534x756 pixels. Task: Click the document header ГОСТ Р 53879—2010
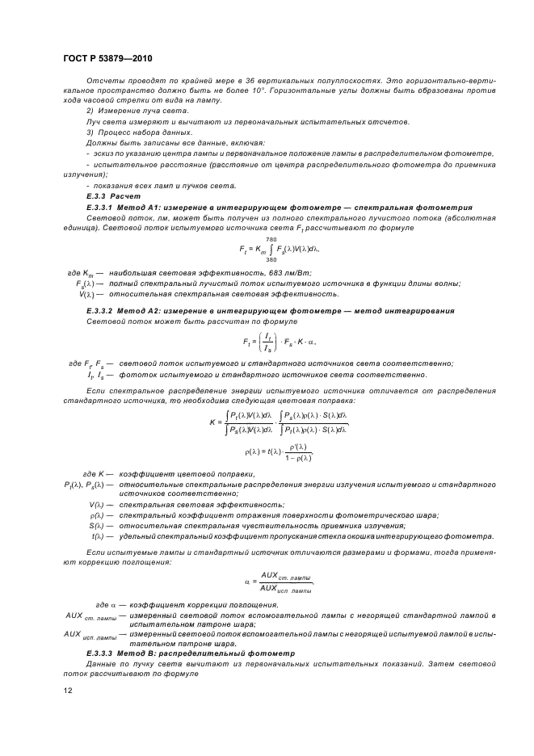pos(107,59)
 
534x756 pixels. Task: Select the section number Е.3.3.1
pos(103,208)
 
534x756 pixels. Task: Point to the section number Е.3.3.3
pos(103,652)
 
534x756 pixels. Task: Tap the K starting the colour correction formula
pos(212,421)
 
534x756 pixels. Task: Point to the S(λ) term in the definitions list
pos(98,526)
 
